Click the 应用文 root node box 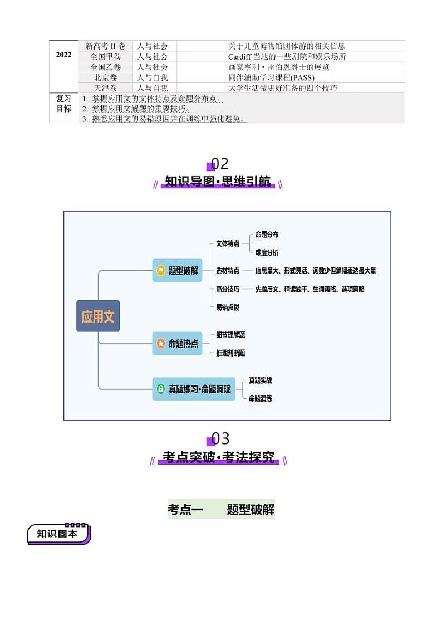click(98, 316)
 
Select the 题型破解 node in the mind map click(177, 271)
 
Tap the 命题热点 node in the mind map click(177, 344)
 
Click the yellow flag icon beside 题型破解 click(161, 271)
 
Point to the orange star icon click(161, 344)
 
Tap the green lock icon click(161, 389)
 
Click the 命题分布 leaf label click(267, 235)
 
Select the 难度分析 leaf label click(267, 252)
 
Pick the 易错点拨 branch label click(227, 307)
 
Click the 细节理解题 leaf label click(230, 335)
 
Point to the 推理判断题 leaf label click(230, 353)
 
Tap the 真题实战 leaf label click(260, 380)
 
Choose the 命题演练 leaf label click(260, 398)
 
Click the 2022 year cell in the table click(63, 55)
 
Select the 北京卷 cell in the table click(105, 77)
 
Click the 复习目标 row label click(63, 104)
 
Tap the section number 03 click(220, 439)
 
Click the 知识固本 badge click(58, 534)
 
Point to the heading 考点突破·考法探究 click(218, 458)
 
